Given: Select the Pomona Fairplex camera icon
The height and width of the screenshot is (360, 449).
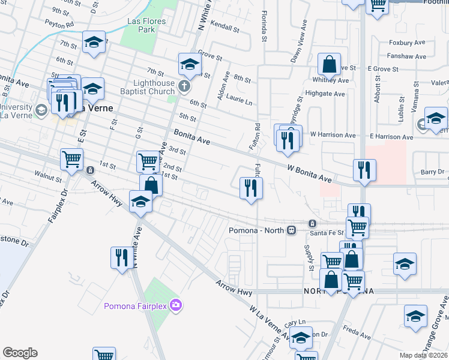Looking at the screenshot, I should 175,306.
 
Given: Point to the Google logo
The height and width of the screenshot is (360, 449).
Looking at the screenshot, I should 20,353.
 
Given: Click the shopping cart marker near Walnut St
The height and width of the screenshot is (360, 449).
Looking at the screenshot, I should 71,160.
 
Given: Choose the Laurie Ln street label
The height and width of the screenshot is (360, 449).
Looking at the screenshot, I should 238,102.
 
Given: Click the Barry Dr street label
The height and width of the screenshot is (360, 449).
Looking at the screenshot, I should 432,172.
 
